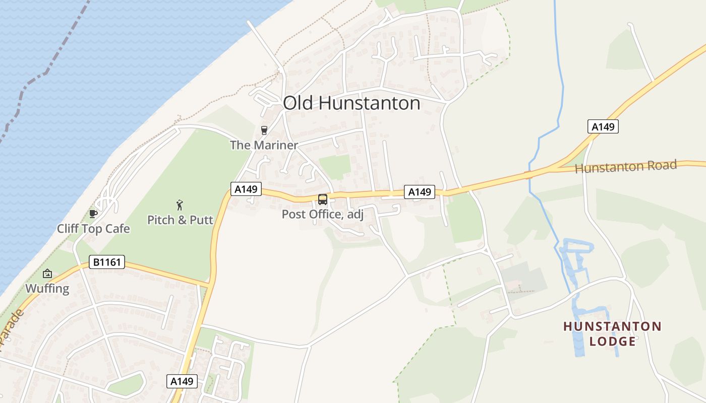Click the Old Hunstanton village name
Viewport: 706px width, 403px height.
(x=351, y=103)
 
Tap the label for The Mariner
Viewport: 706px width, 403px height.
(x=264, y=146)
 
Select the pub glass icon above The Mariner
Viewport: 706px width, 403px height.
(x=264, y=130)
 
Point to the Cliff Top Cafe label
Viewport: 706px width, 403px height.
(x=93, y=229)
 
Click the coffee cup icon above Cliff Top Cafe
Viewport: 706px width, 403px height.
(x=93, y=214)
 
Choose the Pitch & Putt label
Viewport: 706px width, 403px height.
(x=180, y=220)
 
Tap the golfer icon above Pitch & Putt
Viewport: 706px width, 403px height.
(x=180, y=205)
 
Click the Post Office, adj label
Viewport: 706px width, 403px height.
(x=322, y=214)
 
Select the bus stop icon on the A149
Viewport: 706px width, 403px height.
(x=322, y=199)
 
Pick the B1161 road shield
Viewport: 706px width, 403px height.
(x=106, y=262)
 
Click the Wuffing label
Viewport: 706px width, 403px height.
(x=47, y=289)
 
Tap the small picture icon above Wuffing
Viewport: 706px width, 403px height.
(x=47, y=274)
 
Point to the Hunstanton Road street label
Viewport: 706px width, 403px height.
(x=625, y=166)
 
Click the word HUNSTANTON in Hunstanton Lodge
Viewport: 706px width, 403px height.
(x=612, y=326)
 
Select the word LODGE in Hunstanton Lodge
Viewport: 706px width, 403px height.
(x=612, y=342)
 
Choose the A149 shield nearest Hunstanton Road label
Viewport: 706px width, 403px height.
(x=603, y=126)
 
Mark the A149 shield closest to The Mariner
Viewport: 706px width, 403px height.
(x=246, y=189)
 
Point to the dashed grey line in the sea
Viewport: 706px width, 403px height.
(x=45, y=71)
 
